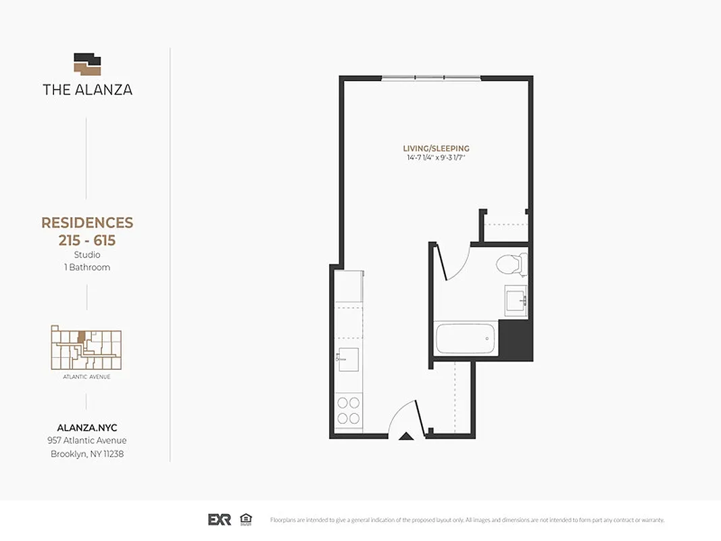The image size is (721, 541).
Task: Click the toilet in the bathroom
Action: point(511,264)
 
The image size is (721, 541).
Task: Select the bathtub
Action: point(466,338)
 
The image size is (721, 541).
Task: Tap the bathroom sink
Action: point(516,298)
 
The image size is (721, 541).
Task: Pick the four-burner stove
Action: point(349,410)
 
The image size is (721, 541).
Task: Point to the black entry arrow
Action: point(406,436)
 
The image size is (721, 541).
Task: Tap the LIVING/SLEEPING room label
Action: point(436,149)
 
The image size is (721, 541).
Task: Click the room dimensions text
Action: point(436,158)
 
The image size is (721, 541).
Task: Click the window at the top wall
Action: point(431,78)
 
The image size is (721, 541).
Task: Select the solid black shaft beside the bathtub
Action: point(515,340)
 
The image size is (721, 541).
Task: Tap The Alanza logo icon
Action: point(87,64)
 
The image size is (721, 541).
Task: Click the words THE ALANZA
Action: point(87,89)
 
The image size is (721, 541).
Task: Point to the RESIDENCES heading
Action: point(87,223)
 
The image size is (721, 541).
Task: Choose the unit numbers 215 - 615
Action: point(87,241)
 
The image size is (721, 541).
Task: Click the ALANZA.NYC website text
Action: point(87,427)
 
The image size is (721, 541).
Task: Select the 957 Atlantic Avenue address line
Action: point(87,441)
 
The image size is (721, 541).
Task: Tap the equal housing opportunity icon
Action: point(246,519)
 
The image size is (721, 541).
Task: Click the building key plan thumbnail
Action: point(86,348)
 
